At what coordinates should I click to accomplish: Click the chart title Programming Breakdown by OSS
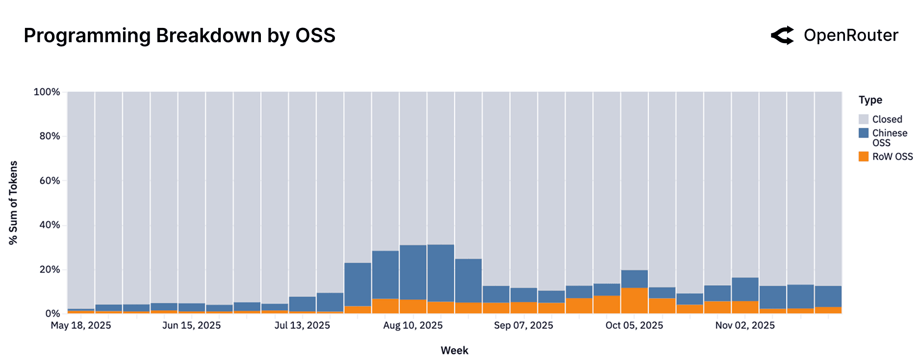click(179, 36)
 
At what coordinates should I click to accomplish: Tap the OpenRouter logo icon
click(782, 35)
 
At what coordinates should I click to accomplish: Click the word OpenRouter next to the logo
click(851, 35)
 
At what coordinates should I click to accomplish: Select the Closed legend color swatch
click(864, 119)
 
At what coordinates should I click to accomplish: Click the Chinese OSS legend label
click(889, 138)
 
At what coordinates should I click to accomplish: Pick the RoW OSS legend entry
click(892, 156)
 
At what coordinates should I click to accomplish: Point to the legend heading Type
click(870, 100)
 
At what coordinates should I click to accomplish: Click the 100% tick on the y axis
click(47, 92)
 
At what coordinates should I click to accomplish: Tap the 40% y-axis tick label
click(49, 225)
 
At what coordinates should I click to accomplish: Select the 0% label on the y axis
click(52, 313)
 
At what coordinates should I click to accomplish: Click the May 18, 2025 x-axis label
click(81, 325)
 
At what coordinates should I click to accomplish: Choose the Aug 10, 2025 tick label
click(413, 325)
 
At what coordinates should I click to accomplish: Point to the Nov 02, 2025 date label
click(744, 325)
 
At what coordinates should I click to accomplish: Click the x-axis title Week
click(454, 350)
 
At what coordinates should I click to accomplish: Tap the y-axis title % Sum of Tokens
click(13, 203)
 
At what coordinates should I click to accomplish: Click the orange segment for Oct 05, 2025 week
click(634, 301)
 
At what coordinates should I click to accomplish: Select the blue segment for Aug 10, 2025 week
click(413, 272)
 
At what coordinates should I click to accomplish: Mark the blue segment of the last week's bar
click(828, 296)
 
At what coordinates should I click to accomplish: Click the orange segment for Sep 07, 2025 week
click(523, 308)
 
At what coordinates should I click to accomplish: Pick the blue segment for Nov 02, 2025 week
click(744, 289)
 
